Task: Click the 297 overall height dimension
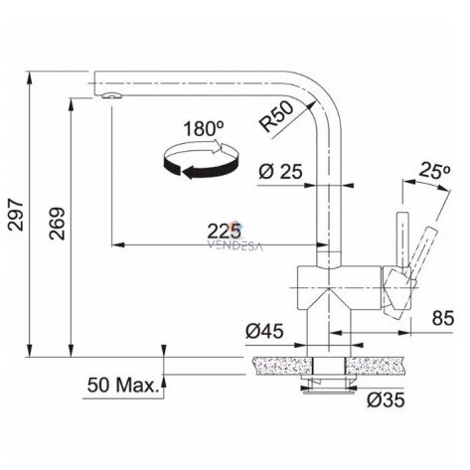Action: [x=16, y=215]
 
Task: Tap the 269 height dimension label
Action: [x=57, y=224]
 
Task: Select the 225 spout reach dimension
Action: [x=224, y=232]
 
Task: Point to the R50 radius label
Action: [x=277, y=116]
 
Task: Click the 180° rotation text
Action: [x=204, y=129]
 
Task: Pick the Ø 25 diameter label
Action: [x=280, y=172]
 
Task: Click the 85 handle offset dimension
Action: [x=443, y=318]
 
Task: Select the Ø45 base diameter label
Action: [x=264, y=331]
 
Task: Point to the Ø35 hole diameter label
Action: [x=386, y=399]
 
